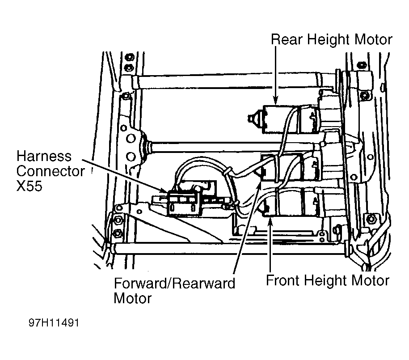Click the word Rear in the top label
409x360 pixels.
[287, 40]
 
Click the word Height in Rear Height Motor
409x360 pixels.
[329, 40]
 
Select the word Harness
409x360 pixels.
[44, 157]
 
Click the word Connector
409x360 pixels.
[51, 171]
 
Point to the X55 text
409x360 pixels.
[29, 186]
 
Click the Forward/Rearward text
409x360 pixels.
[174, 283]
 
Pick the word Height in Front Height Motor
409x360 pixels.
[325, 281]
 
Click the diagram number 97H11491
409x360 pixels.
[54, 323]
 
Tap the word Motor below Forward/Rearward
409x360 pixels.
[133, 298]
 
